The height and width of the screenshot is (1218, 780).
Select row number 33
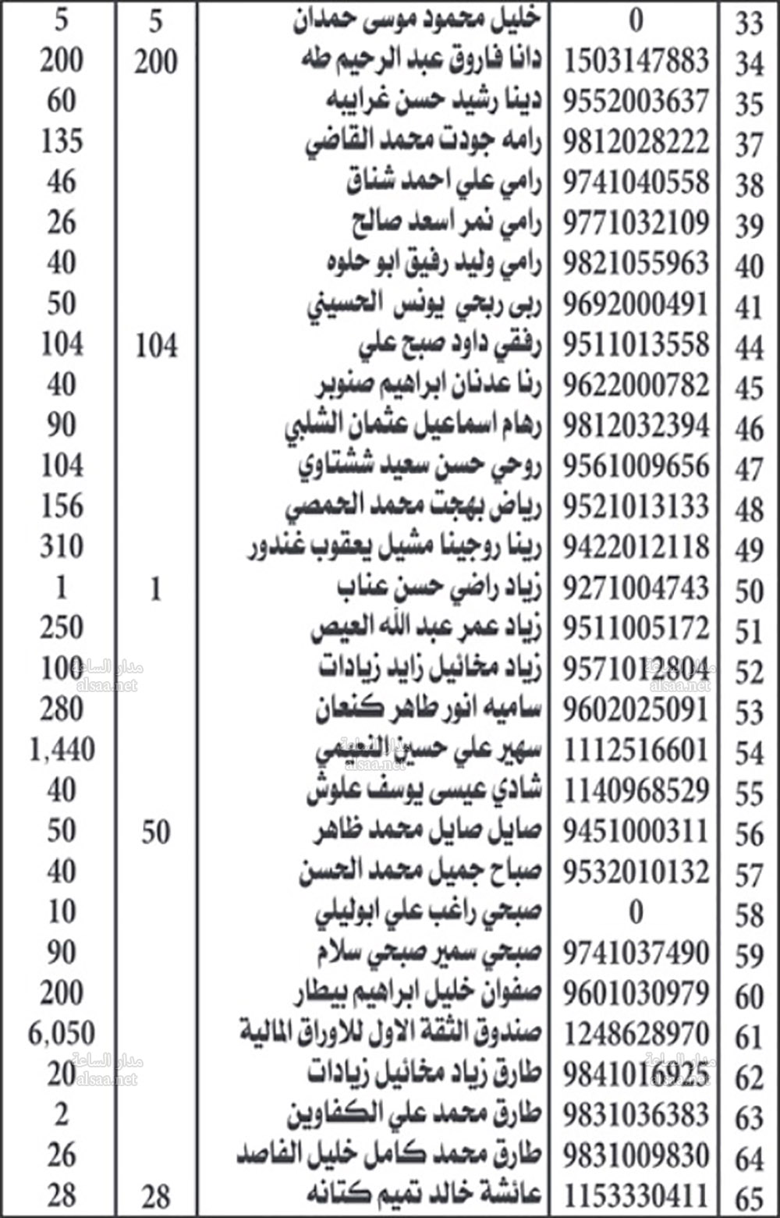pyautogui.click(x=749, y=24)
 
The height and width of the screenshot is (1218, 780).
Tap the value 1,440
pyautogui.click(x=62, y=750)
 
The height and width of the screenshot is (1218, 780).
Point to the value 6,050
pyautogui.click(x=62, y=1034)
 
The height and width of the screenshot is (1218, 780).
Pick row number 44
pyautogui.click(x=749, y=347)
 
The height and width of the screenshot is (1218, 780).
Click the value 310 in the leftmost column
pyautogui.click(x=62, y=547)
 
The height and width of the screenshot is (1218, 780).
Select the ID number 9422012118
pyautogui.click(x=636, y=547)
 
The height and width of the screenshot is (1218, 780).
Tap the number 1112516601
pyautogui.click(x=636, y=750)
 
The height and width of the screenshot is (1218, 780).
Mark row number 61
pyautogui.click(x=749, y=1037)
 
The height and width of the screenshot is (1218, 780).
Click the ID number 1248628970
pyautogui.click(x=636, y=1034)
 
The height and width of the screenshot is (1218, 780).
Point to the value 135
pyautogui.click(x=62, y=141)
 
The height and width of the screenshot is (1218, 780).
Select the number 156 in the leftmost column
pyautogui.click(x=62, y=506)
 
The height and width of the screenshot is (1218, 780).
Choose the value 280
pyautogui.click(x=62, y=709)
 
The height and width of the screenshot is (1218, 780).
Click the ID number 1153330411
pyautogui.click(x=636, y=1195)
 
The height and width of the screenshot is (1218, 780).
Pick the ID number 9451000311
pyautogui.click(x=636, y=831)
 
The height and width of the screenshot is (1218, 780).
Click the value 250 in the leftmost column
pyautogui.click(x=62, y=628)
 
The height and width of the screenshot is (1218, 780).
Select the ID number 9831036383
pyautogui.click(x=636, y=1115)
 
